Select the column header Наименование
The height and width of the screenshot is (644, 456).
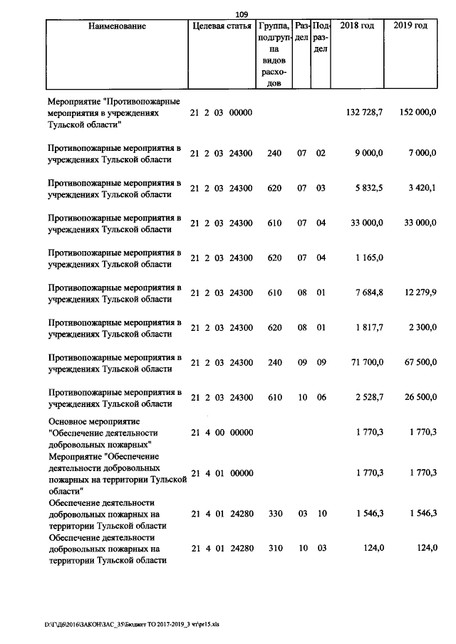tap(118, 26)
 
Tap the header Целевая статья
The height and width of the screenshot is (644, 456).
tap(222, 26)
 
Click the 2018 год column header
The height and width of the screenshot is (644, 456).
tap(357, 26)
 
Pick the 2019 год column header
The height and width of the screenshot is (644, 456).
tap(410, 26)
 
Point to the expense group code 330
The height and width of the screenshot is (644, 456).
tap(274, 512)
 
